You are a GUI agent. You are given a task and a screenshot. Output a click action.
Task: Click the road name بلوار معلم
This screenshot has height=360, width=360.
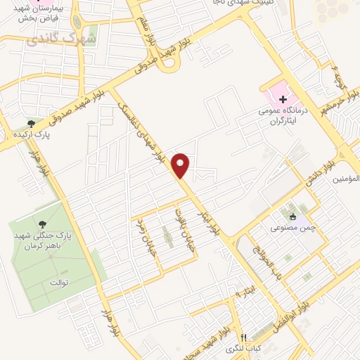(153, 33)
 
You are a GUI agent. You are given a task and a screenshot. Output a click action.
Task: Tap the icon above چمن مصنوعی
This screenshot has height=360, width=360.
(293, 216)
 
